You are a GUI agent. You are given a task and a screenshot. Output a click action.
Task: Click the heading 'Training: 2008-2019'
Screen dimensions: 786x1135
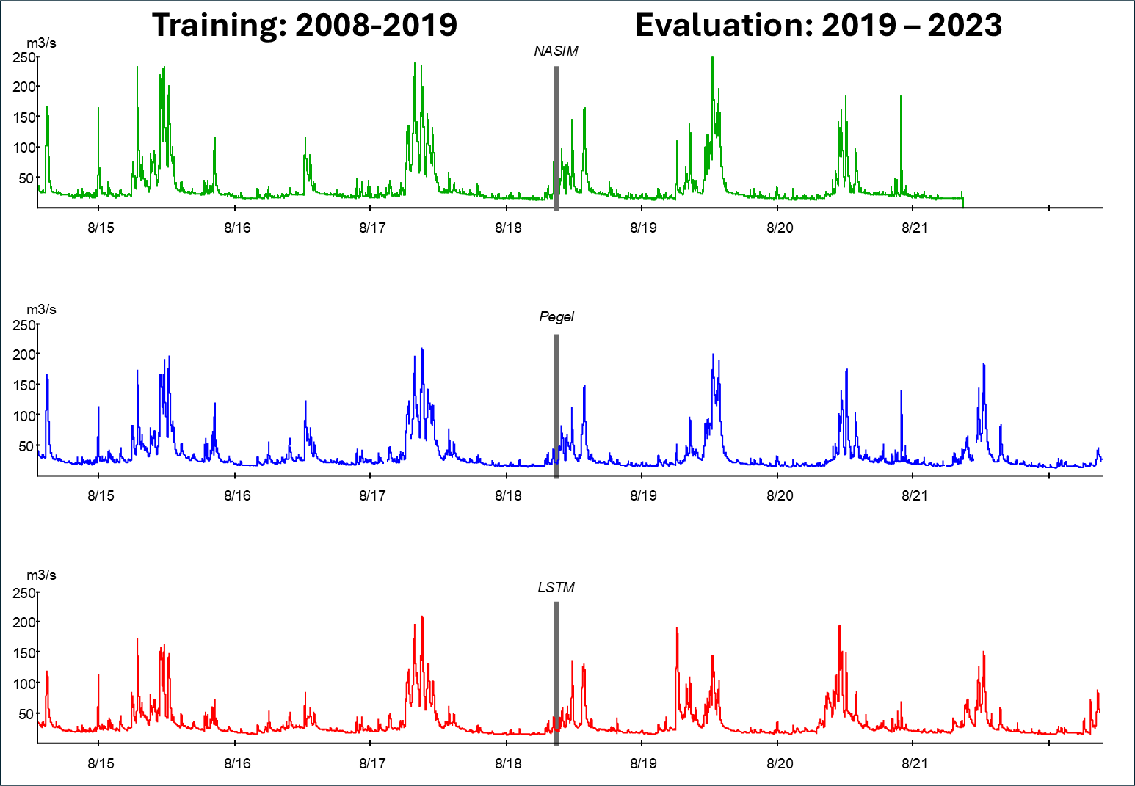pyautogui.click(x=305, y=25)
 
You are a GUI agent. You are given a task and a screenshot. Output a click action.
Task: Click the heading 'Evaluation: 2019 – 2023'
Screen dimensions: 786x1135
pyautogui.click(x=819, y=25)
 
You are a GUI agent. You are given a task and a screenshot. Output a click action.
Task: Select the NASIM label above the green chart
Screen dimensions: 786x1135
pyautogui.click(x=556, y=51)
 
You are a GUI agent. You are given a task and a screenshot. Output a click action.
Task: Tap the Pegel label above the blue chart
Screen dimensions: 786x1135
pyautogui.click(x=556, y=317)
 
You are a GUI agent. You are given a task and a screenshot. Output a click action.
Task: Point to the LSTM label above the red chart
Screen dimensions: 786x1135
pyautogui.click(x=556, y=587)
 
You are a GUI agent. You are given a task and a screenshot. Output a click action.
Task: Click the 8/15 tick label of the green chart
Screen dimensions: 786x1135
pyautogui.click(x=101, y=228)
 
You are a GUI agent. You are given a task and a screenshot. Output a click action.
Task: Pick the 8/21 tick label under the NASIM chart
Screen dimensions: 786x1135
pyautogui.click(x=914, y=228)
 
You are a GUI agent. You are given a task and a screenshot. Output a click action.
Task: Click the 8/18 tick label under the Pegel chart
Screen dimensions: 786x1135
pyautogui.click(x=508, y=495)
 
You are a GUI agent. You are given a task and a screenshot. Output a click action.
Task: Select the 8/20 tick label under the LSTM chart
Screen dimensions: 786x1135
pyautogui.click(x=780, y=763)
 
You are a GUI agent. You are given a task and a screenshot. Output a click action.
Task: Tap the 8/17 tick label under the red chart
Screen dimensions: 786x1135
pyautogui.click(x=372, y=763)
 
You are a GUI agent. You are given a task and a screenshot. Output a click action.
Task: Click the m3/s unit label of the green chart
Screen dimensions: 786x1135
pyautogui.click(x=41, y=43)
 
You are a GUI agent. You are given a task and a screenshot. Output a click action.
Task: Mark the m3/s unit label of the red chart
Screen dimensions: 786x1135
pyautogui.click(x=41, y=575)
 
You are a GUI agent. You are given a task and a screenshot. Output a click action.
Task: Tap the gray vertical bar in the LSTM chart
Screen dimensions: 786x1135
pyautogui.click(x=556, y=674)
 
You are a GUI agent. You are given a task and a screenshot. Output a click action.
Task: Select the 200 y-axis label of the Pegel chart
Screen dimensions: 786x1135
pyautogui.click(x=25, y=354)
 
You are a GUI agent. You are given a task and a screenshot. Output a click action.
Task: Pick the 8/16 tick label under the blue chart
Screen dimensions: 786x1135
pyautogui.click(x=237, y=495)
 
